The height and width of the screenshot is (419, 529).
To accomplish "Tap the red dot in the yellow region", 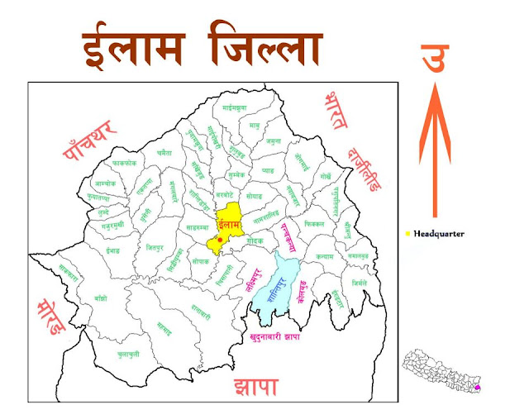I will click(x=221, y=239).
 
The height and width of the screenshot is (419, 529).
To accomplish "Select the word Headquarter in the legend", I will click(x=439, y=234).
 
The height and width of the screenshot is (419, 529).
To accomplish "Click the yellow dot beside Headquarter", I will click(x=408, y=234).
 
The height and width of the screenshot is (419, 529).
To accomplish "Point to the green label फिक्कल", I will click(x=315, y=223).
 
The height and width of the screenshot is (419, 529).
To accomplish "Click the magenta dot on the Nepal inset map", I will click(x=477, y=388).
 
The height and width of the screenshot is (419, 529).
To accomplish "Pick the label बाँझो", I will click(x=101, y=297).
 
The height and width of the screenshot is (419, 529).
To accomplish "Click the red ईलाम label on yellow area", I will click(x=227, y=223).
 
